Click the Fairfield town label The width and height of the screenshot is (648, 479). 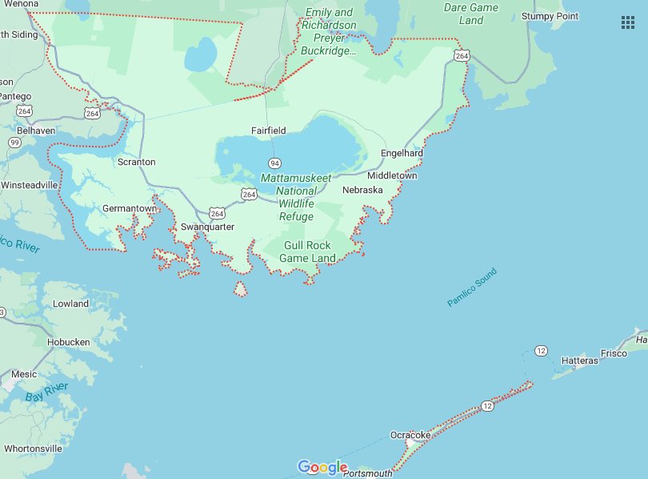(x=268, y=130)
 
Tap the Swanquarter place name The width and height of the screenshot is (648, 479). (x=207, y=227)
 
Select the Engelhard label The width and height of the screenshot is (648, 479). (x=402, y=153)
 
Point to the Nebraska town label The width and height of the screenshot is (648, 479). (x=362, y=190)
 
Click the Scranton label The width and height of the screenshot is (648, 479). (x=136, y=162)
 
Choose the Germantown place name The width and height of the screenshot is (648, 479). (x=130, y=208)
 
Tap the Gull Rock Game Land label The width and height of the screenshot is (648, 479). (x=307, y=252)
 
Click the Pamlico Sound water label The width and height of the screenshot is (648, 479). (x=472, y=288)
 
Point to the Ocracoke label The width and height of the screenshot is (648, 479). (x=410, y=435)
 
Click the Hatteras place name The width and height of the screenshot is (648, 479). (x=579, y=361)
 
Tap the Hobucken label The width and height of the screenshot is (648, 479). (x=69, y=341)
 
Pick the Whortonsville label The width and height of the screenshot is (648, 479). (x=32, y=449)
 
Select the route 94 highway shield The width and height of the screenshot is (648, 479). (x=274, y=163)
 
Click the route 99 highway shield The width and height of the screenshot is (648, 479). (x=14, y=143)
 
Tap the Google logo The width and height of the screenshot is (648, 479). (x=322, y=468)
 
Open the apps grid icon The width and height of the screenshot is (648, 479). (x=628, y=22)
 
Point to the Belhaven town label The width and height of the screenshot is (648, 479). (x=36, y=130)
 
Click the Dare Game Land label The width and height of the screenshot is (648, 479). (x=471, y=14)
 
